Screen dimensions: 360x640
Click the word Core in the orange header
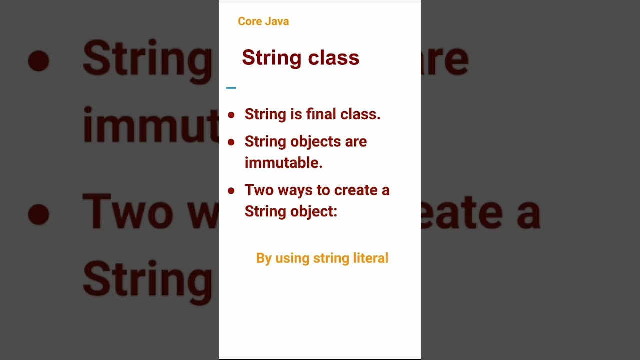[x=248, y=21]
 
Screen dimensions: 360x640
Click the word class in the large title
[x=333, y=58]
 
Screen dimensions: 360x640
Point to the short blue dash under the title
[x=231, y=88]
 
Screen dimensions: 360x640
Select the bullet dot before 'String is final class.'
[x=231, y=115]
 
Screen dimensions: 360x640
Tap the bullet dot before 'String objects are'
[x=231, y=142]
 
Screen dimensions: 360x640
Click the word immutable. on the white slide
[x=283, y=163]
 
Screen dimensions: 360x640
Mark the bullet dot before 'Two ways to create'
[x=231, y=191]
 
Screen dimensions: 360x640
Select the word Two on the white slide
[x=257, y=190]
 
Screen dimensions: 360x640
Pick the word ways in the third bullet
[x=292, y=190]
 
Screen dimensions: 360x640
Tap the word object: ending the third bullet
[x=314, y=212]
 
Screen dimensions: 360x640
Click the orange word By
[x=263, y=258]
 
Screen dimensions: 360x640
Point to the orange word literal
[x=370, y=258]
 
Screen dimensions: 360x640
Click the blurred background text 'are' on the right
[x=445, y=60]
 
